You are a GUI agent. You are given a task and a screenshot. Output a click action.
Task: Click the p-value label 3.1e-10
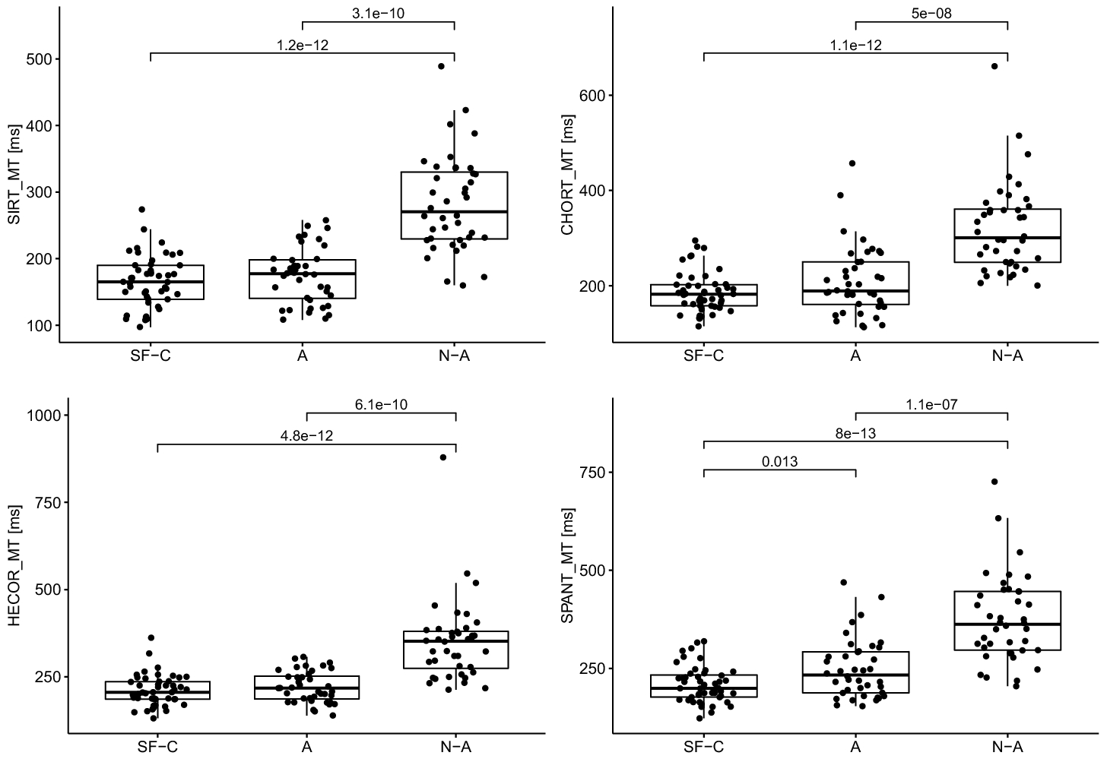click(x=379, y=13)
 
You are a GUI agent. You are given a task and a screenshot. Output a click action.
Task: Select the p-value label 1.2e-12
click(x=303, y=45)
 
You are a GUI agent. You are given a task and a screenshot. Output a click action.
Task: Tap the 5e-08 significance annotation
click(x=931, y=13)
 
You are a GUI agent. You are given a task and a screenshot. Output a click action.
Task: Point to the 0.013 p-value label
click(x=779, y=461)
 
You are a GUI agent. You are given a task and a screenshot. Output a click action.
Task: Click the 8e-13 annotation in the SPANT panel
click(x=855, y=433)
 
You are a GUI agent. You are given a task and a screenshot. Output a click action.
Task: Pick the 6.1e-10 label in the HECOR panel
click(x=381, y=405)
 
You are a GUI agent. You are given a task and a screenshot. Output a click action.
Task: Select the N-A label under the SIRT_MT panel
click(x=454, y=356)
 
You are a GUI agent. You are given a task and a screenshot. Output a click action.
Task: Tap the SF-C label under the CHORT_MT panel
click(x=703, y=356)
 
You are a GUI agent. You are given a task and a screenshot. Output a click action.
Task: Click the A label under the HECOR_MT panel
click(x=306, y=747)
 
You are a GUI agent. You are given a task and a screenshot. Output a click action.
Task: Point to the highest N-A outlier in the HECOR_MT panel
click(x=442, y=457)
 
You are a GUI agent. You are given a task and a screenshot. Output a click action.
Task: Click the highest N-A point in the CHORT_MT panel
click(x=994, y=66)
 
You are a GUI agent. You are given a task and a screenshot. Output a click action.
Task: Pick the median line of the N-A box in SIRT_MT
click(x=454, y=212)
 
